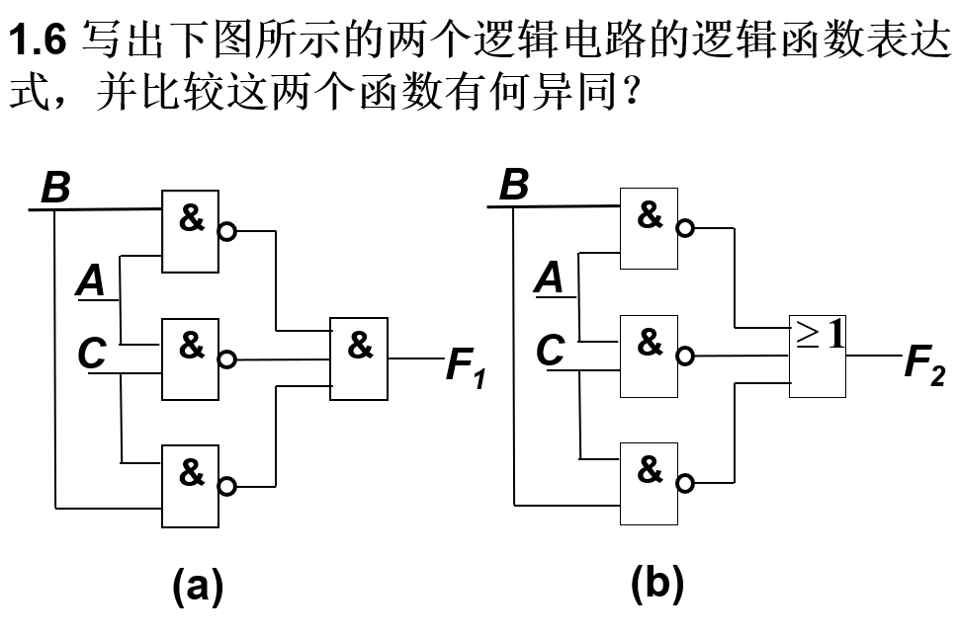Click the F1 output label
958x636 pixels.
coord(466,366)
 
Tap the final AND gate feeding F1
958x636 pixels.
coord(359,358)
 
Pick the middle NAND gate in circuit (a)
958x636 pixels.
coord(191,358)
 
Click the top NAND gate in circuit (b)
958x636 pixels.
coord(649,228)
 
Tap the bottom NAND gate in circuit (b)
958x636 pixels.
coord(649,483)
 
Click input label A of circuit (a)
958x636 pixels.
coord(91,281)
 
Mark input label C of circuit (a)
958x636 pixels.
coord(92,353)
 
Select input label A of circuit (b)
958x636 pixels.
coord(549,278)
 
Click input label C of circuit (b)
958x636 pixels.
coord(550,350)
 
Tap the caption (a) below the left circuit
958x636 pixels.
coord(198,587)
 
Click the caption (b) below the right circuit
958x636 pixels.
coord(657,585)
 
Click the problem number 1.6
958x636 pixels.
coord(39,40)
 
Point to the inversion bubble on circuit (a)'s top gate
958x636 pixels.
coord(227,233)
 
